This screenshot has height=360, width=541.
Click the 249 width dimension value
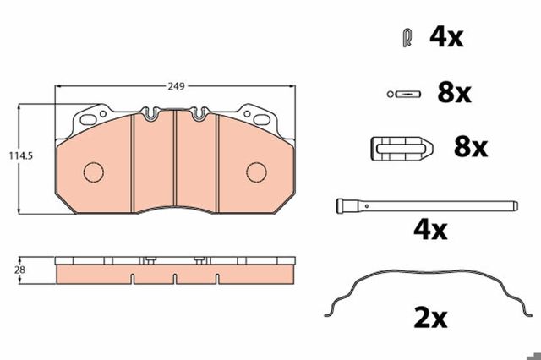[x=177, y=86]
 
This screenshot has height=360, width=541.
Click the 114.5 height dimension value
[x=20, y=155]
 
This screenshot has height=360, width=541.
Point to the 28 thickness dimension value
[x=19, y=270]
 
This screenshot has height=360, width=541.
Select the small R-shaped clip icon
[x=407, y=38]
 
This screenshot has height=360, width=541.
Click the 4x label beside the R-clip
[x=446, y=37]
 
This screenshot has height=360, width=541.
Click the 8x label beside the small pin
[x=454, y=93]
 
